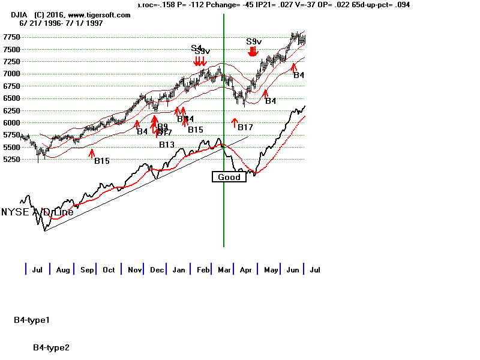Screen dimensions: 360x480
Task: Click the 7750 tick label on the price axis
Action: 11,37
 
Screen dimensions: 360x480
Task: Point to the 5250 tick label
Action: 11,160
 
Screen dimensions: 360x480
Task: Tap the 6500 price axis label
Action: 11,98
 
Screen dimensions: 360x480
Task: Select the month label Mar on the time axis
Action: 225,270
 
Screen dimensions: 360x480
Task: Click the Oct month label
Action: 108,270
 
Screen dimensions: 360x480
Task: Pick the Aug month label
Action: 63,270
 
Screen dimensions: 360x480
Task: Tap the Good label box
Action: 229,177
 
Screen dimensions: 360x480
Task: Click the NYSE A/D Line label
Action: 37,212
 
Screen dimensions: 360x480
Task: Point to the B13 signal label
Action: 167,145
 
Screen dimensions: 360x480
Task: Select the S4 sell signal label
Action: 197,48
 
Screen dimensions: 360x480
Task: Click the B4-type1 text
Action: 32,320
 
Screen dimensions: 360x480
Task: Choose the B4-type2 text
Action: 51,347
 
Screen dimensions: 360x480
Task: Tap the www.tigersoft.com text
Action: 95,14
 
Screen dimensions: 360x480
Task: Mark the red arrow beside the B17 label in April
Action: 234,124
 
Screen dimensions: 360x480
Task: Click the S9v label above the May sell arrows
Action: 254,41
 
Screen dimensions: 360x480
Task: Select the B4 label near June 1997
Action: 299,75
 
